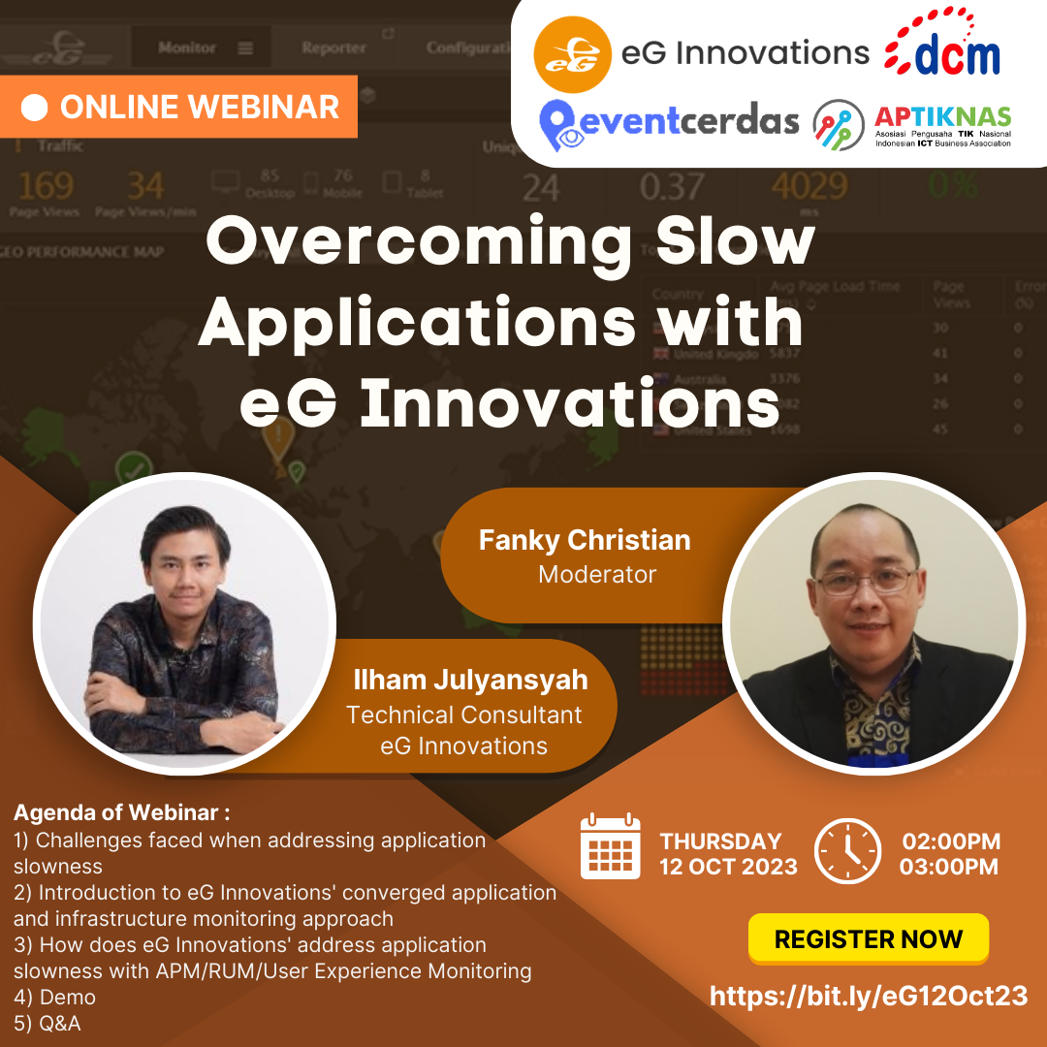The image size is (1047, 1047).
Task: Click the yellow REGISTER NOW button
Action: pyautogui.click(x=868, y=938)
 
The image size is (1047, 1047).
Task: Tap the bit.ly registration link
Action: pyautogui.click(x=869, y=996)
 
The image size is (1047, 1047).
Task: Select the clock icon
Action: pyautogui.click(x=847, y=851)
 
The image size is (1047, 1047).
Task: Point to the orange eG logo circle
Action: pyautogui.click(x=572, y=53)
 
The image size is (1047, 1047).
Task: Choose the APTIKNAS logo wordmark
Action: pyautogui.click(x=942, y=117)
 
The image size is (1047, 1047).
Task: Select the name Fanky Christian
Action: pyautogui.click(x=584, y=540)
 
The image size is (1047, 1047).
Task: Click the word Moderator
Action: pyautogui.click(x=597, y=574)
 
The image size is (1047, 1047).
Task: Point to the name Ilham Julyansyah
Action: pyautogui.click(x=471, y=680)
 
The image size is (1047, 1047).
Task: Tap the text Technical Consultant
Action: pyautogui.click(x=464, y=715)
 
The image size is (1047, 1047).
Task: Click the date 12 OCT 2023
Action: pyautogui.click(x=728, y=867)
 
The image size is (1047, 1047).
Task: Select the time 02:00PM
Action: pyautogui.click(x=951, y=841)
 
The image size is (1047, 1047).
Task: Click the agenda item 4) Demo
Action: pyautogui.click(x=54, y=996)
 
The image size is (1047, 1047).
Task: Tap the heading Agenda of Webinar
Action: pyautogui.click(x=122, y=812)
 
